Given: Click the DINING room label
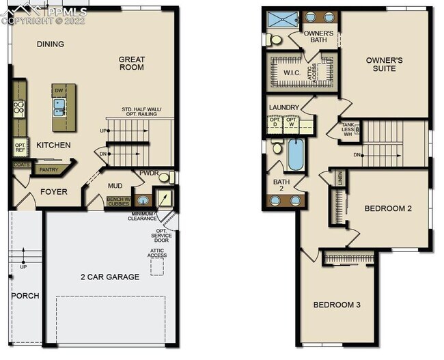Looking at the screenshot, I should pyautogui.click(x=50, y=44).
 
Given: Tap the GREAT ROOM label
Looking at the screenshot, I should pyautogui.click(x=131, y=63).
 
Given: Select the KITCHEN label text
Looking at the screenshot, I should pyautogui.click(x=53, y=145).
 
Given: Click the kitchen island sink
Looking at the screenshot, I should pyautogui.click(x=59, y=106).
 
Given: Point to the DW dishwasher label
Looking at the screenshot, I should pyautogui.click(x=59, y=91).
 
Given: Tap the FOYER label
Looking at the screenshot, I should pyautogui.click(x=53, y=192).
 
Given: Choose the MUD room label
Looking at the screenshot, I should pyautogui.click(x=115, y=185).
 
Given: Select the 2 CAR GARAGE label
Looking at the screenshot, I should pyautogui.click(x=109, y=277).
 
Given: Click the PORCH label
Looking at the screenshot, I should pyautogui.click(x=25, y=296).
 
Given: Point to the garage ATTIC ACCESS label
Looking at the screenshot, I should pyautogui.click(x=157, y=253).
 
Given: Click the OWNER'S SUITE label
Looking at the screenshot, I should pyautogui.click(x=384, y=64).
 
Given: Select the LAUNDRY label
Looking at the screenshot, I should pyautogui.click(x=284, y=108).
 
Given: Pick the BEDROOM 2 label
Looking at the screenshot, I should pyautogui.click(x=387, y=208).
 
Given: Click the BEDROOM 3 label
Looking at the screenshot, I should pyautogui.click(x=337, y=305).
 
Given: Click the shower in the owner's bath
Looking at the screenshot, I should pyautogui.click(x=280, y=19).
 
